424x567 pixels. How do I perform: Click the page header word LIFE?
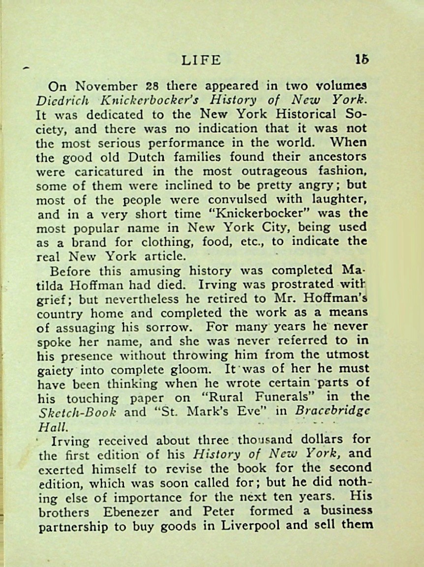201,60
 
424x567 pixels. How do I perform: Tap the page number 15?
362,60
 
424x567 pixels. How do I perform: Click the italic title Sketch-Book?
77,413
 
